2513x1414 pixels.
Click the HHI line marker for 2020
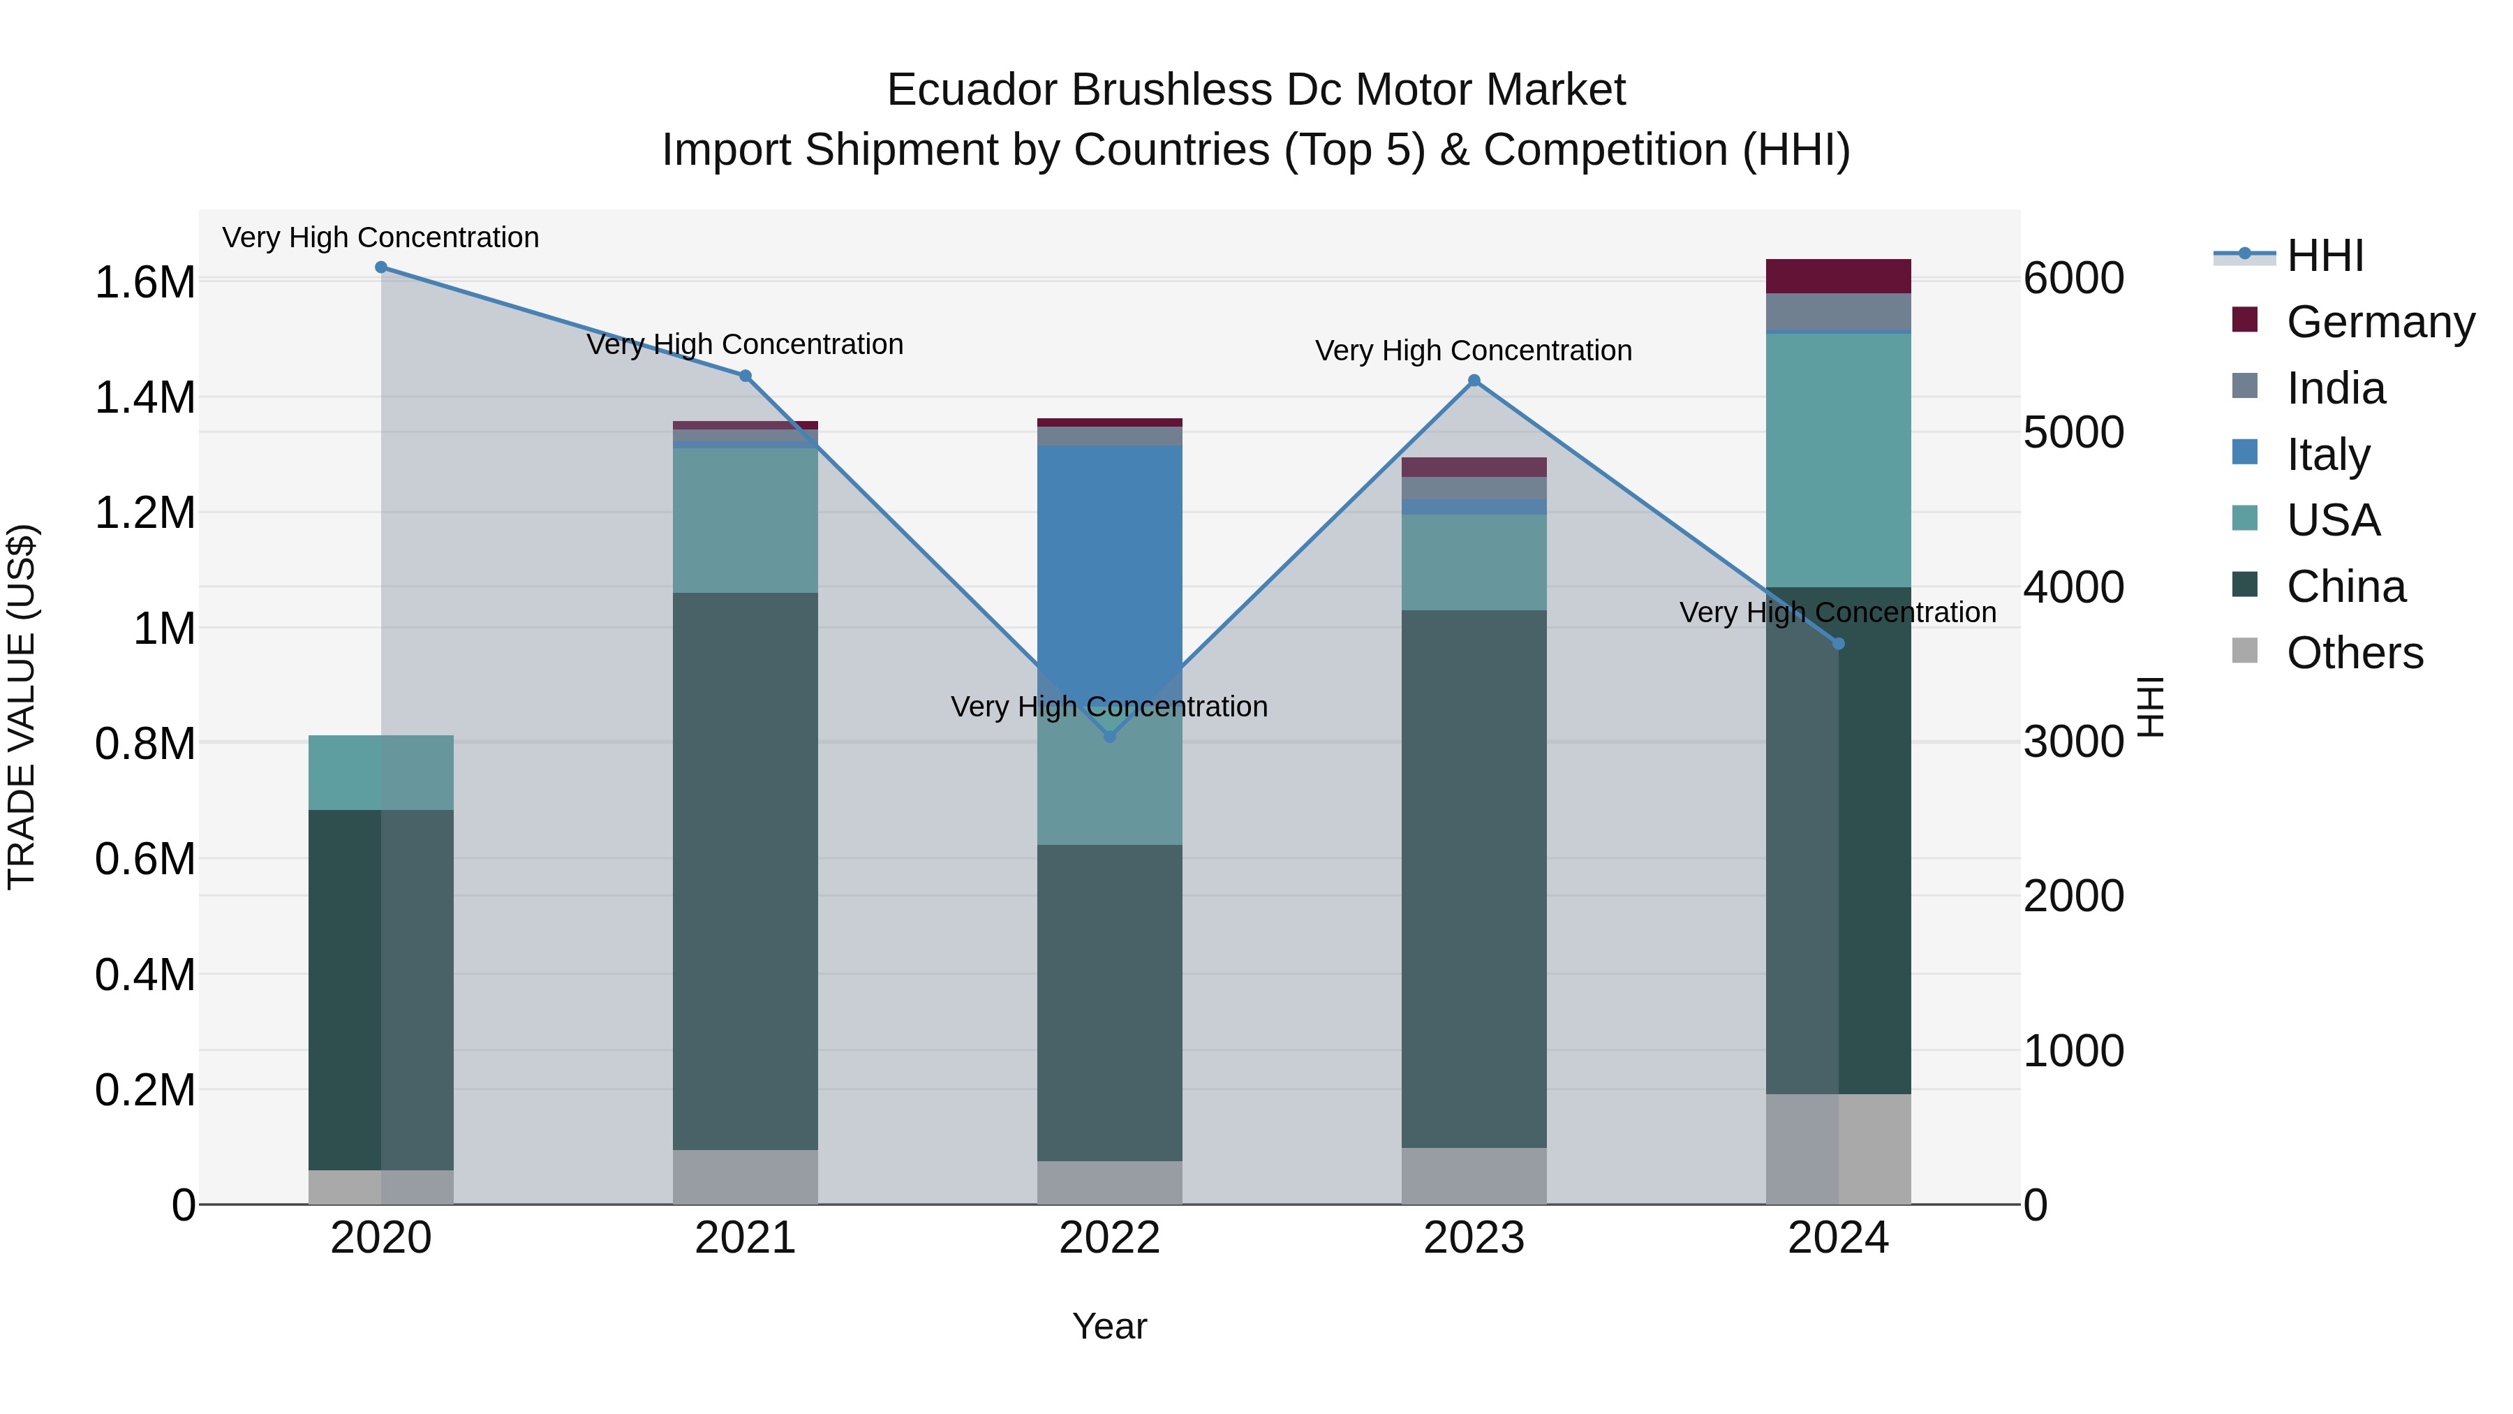(x=381, y=267)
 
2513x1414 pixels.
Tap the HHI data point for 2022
(x=1109, y=737)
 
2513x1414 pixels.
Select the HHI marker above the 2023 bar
(x=1474, y=381)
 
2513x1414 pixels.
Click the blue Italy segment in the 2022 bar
(x=1109, y=547)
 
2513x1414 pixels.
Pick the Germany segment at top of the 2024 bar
(x=1838, y=276)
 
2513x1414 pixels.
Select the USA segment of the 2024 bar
(x=1838, y=459)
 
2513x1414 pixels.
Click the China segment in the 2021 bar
(x=746, y=869)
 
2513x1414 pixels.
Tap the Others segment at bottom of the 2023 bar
(x=1474, y=1175)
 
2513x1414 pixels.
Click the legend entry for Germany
(x=2380, y=322)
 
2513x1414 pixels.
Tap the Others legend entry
(x=2354, y=653)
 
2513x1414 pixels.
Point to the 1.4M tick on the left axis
(x=144, y=398)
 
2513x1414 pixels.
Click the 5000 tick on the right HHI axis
(x=2073, y=432)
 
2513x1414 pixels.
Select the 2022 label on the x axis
(x=1109, y=1238)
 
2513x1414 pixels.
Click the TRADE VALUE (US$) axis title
(x=22, y=707)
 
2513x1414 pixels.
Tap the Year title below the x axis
(x=1109, y=1326)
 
